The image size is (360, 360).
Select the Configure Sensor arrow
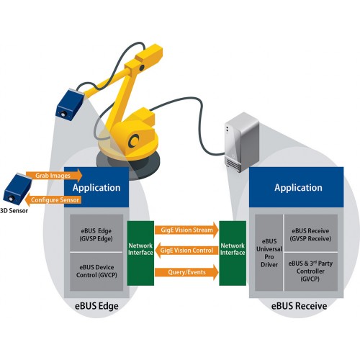(x=56, y=199)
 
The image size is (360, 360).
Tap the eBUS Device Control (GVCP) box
(x=97, y=271)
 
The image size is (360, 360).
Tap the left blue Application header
(x=97, y=188)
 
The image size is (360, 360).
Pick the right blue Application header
(x=298, y=188)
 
